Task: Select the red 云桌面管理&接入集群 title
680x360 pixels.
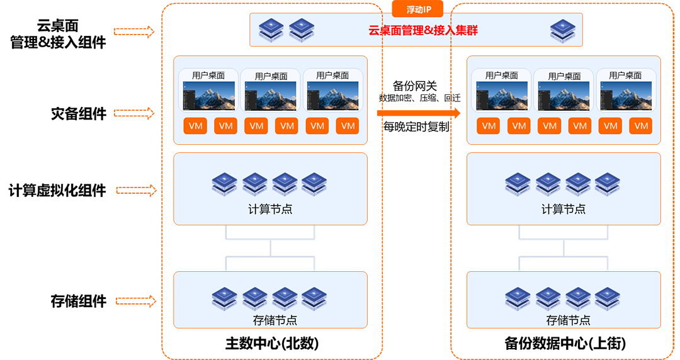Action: [x=423, y=30]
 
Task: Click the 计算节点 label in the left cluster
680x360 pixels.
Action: [x=270, y=209]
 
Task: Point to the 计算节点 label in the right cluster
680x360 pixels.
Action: [x=564, y=209]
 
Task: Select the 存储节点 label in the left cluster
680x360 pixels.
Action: [x=270, y=320]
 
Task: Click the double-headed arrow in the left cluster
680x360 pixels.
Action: [x=270, y=247]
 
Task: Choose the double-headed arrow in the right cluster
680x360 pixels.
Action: [x=564, y=247]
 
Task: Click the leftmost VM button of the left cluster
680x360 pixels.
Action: [x=195, y=126]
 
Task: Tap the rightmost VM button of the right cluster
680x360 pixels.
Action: [x=641, y=126]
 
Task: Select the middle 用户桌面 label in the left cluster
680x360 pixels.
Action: [x=271, y=76]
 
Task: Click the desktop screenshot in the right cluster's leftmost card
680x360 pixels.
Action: [x=502, y=96]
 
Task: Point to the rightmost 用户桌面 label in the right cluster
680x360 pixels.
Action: [x=625, y=76]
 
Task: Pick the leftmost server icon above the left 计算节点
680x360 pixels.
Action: [x=225, y=184]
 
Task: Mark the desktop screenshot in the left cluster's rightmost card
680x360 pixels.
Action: [x=332, y=96]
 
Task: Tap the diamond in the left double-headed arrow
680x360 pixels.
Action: [x=270, y=247]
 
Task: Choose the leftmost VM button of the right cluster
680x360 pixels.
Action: [x=489, y=126]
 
